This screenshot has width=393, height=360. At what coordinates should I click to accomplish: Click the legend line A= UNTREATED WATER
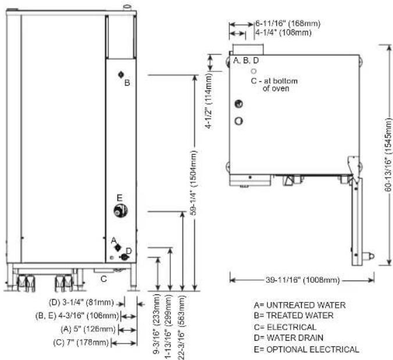coord(300,305)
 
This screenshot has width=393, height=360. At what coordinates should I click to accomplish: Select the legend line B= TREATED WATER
coord(294,315)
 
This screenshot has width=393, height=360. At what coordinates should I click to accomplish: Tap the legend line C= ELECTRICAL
coord(285,327)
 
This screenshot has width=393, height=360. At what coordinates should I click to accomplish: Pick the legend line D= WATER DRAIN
coord(288,338)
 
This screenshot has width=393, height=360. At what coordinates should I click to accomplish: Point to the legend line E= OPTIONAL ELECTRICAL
coord(306,349)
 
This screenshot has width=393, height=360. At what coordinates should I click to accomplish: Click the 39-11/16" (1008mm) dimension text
coord(303,280)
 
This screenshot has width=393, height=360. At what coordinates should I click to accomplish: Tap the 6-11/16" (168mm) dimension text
coord(288,24)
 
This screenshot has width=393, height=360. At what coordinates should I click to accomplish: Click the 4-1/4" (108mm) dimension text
coord(283,33)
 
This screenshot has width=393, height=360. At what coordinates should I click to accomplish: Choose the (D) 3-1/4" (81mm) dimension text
coord(81,303)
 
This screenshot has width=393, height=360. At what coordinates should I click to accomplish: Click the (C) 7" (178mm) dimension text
coord(81,342)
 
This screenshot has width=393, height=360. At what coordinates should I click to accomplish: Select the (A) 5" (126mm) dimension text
coord(88,329)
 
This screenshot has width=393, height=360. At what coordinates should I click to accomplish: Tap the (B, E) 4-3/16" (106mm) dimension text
coord(77,316)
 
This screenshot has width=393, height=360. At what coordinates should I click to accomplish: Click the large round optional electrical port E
coord(120,211)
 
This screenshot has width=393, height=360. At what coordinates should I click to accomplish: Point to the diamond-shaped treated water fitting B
coord(121,74)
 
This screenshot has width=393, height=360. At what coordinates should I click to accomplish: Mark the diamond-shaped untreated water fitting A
coord(117,247)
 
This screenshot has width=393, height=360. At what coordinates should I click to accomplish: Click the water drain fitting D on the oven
coord(124,257)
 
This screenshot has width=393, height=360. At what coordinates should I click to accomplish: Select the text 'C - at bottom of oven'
coord(274,85)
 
